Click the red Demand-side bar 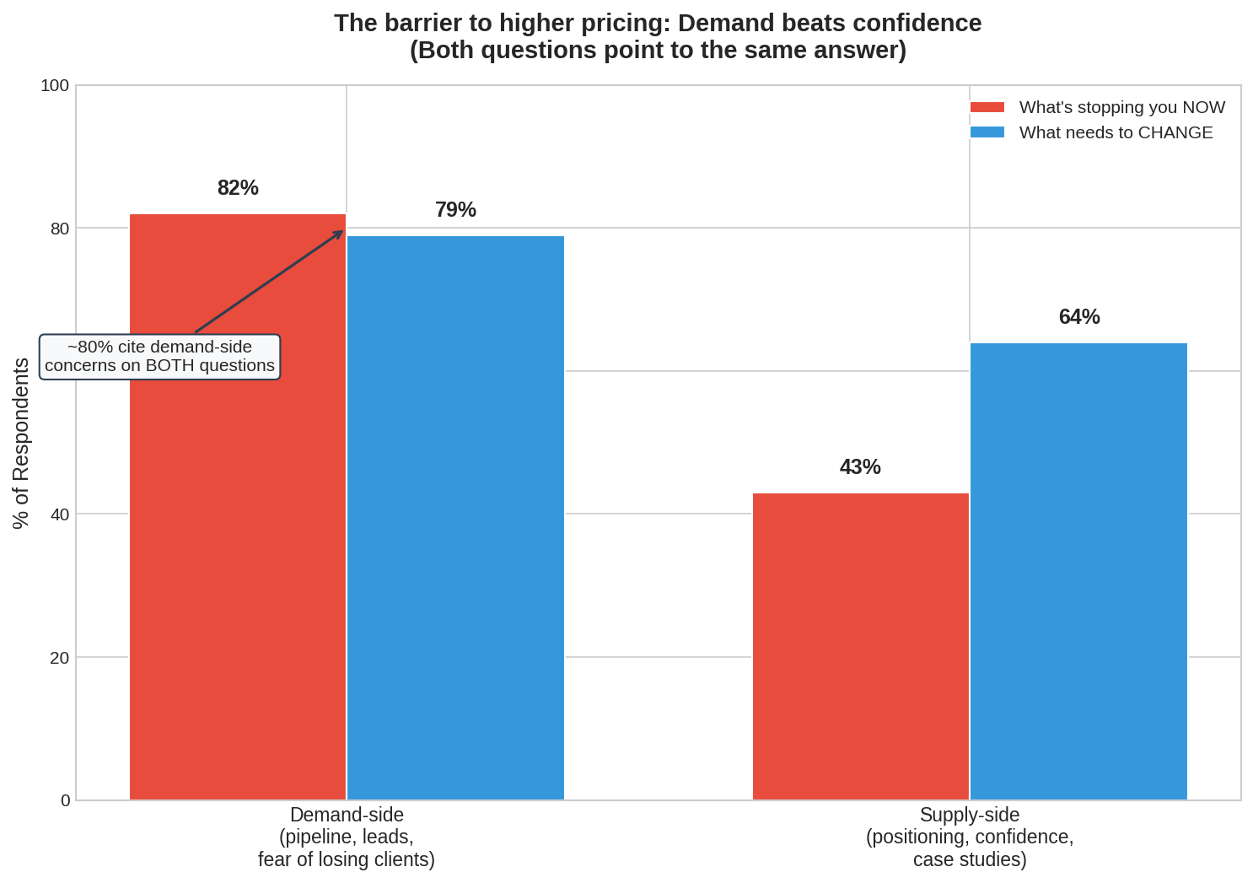point(237,548)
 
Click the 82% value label point(238,188)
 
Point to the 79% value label point(455,210)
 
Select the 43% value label point(860,467)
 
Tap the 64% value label point(1079,317)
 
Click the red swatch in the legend point(987,107)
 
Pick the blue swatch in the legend point(987,132)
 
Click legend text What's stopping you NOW point(1121,107)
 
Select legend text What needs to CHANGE point(1116,132)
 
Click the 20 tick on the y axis point(60,658)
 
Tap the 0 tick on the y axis point(65,800)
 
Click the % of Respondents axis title point(21,443)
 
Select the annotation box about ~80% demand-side point(159,357)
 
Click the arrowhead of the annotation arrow point(341,232)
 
